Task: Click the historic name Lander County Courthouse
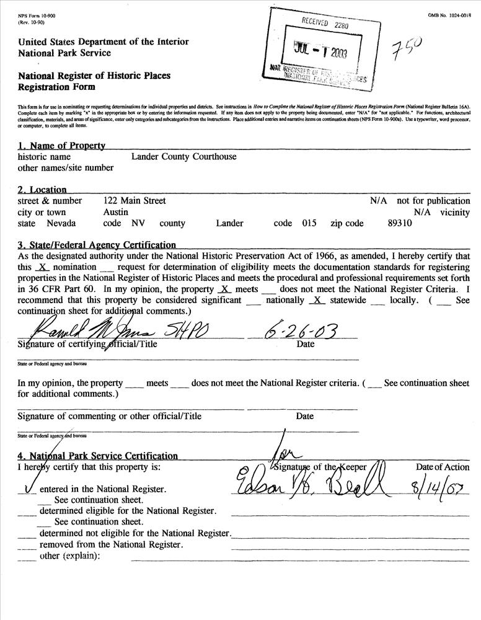tap(183, 157)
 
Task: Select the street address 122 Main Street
tap(134, 201)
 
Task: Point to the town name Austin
tap(115, 212)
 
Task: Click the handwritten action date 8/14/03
tap(441, 482)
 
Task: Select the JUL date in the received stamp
tap(319, 52)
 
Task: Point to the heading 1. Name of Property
tap(61, 146)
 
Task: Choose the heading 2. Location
tap(42, 190)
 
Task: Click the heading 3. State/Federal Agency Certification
tap(97, 246)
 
